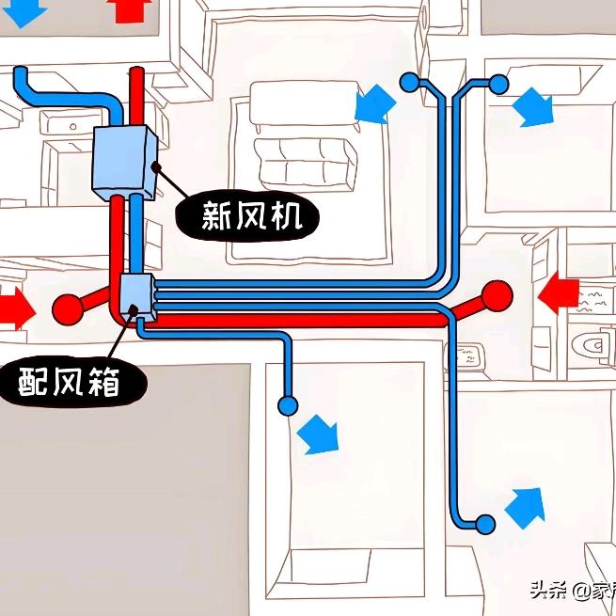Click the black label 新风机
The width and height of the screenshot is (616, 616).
coord(251,216)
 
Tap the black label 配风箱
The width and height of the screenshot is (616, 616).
coord(70,381)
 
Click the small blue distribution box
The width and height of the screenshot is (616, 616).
coord(137,293)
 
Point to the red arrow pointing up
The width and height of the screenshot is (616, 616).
coord(128,9)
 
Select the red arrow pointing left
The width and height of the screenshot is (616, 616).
coord(562,292)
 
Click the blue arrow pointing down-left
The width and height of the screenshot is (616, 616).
coord(374,103)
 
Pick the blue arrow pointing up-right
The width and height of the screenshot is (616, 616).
coord(525,506)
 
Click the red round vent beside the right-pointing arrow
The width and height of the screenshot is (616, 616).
coord(68,308)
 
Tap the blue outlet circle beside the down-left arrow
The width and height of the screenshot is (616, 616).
coord(409,83)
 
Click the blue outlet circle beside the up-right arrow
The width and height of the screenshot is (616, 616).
coord(485,524)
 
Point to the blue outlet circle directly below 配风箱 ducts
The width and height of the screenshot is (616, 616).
coord(288,406)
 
